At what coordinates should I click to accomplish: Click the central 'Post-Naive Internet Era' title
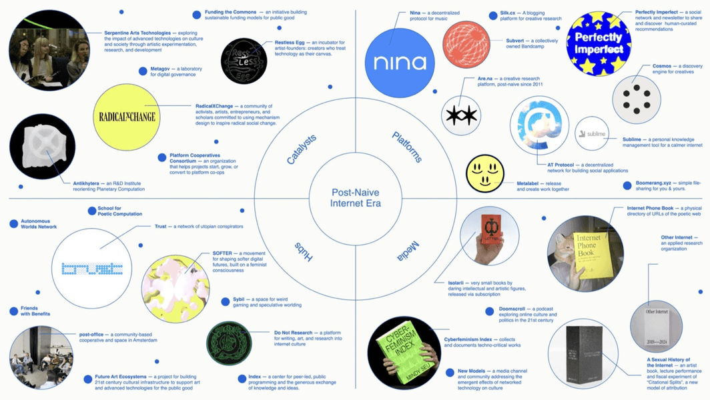355,198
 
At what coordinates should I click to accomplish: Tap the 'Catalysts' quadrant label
302,149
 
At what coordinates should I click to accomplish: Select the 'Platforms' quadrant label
407,147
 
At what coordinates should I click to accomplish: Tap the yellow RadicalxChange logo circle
127,117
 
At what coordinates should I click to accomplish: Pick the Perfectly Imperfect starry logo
599,44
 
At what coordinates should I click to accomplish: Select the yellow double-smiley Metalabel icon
485,173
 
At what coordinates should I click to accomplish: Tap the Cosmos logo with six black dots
636,100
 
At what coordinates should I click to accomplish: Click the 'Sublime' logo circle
592,134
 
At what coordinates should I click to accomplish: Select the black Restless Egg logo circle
244,61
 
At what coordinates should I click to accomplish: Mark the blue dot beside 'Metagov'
143,71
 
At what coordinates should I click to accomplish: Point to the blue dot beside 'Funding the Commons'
197,15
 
